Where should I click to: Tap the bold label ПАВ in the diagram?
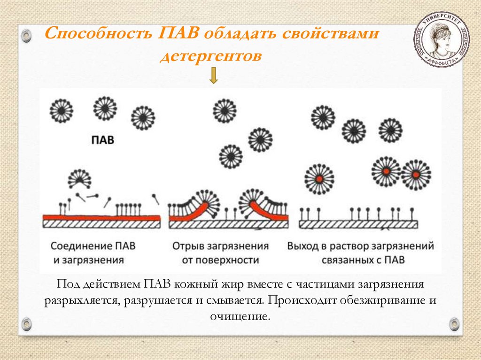click(x=102, y=140)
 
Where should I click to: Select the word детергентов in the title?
click(x=210, y=56)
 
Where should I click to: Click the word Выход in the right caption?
click(x=303, y=246)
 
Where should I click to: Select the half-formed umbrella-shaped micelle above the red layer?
click(x=79, y=178)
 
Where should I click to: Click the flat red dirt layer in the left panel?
click(x=101, y=217)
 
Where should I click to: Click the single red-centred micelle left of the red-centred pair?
click(x=319, y=179)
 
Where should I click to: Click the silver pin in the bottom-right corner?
click(x=453, y=323)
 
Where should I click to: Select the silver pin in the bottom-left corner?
click(x=27, y=323)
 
